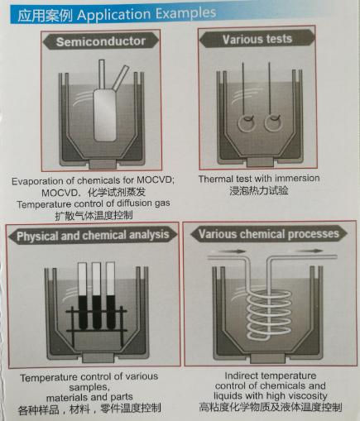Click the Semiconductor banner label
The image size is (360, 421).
click(101, 41)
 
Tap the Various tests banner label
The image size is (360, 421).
click(257, 39)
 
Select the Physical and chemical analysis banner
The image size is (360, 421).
click(93, 236)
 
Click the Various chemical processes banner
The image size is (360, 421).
click(269, 234)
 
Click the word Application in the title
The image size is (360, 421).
click(114, 14)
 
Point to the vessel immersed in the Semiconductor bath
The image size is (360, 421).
click(105, 115)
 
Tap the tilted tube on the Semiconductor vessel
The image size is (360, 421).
click(121, 78)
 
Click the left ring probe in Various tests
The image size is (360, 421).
click(246, 122)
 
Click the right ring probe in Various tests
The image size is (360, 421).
click(273, 122)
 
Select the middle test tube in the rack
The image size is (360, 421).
click(96, 295)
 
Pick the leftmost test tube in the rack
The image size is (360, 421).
click(83, 295)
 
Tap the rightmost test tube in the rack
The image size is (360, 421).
click(110, 295)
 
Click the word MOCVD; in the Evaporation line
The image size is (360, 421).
click(156, 180)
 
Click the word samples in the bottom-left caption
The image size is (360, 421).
click(89, 387)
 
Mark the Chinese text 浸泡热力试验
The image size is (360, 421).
click(259, 190)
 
